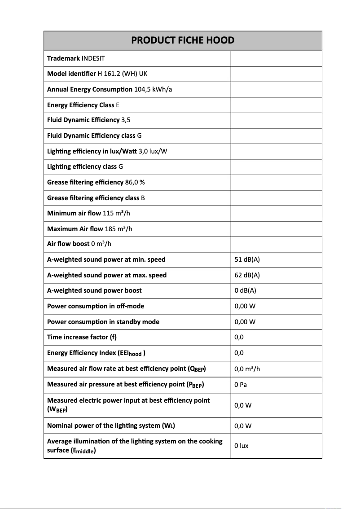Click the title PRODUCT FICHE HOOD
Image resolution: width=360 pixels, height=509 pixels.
coord(182,40)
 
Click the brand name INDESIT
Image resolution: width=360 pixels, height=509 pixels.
coord(93,58)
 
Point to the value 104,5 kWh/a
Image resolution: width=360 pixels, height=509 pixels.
coord(153,89)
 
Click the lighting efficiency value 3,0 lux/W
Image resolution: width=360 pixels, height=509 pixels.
coord(153,151)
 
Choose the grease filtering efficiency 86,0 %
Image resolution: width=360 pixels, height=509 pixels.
coord(135,182)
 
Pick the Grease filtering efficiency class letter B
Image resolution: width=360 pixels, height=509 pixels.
coord(143,198)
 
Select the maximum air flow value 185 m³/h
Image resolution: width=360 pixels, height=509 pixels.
coord(118,229)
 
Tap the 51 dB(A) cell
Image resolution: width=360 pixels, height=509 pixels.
coord(247,259)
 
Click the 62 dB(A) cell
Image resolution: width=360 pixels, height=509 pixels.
coord(247,275)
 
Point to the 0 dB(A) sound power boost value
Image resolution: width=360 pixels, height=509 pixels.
coord(245,290)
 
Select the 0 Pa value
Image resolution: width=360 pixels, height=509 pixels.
coord(241,384)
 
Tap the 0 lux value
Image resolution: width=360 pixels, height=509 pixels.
coord(241,446)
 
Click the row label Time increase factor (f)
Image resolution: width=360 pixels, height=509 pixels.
coord(82,337)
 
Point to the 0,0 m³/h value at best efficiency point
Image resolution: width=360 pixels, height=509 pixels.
coord(247,369)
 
